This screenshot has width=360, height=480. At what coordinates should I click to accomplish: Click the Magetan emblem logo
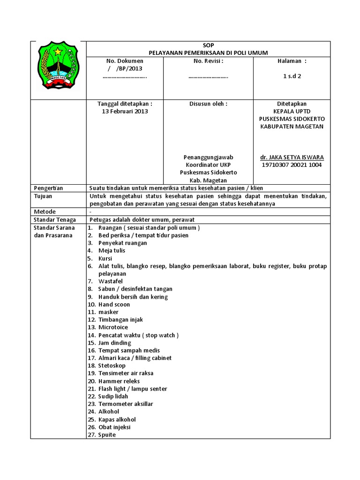58,66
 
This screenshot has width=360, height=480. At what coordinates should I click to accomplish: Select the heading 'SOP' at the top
208,45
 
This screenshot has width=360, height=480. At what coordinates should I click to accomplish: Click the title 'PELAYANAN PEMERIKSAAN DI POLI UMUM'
208,53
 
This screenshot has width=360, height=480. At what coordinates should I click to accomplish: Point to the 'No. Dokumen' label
125,61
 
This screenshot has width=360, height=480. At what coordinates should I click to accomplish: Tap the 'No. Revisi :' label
208,61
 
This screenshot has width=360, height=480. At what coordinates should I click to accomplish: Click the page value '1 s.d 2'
292,76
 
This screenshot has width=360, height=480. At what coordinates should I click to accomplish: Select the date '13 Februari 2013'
125,112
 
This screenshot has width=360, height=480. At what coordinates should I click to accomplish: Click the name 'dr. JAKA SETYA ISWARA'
292,157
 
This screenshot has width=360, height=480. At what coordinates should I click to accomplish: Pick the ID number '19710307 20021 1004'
292,165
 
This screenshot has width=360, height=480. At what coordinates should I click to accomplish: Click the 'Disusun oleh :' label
208,104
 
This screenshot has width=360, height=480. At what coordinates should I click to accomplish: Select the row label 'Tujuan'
43,196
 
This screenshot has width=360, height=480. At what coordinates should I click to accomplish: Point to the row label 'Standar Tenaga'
54,219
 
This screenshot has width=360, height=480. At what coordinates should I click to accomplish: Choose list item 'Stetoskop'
112,366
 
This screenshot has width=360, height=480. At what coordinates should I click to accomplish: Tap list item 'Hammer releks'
119,381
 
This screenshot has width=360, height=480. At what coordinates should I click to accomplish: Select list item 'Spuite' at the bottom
107,435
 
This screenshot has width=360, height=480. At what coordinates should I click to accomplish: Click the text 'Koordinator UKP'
208,165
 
